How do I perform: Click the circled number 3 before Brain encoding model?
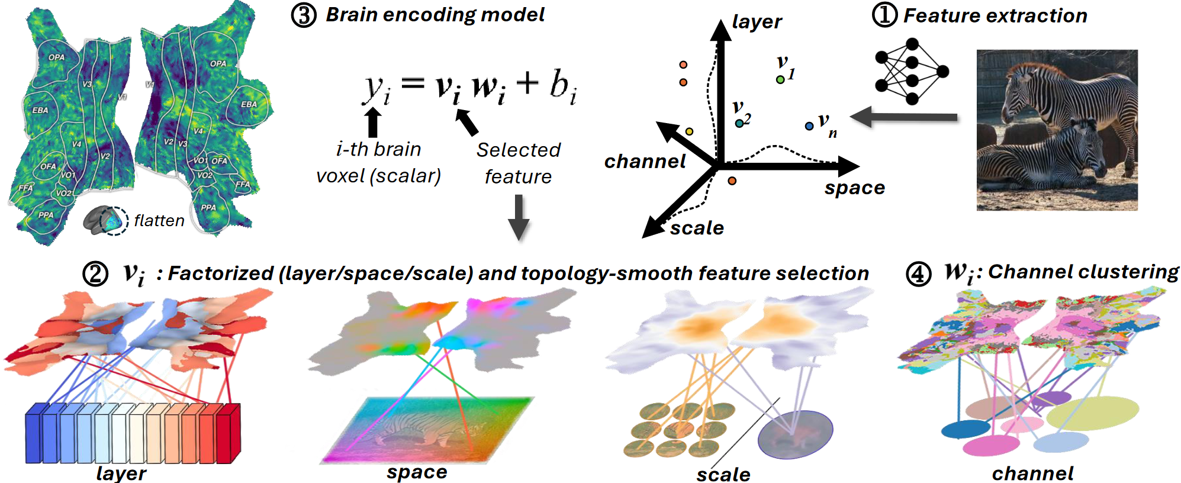(x=304, y=15)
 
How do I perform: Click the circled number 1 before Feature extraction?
(x=884, y=15)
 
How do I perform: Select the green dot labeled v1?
(x=780, y=79)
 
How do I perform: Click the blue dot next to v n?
(x=809, y=126)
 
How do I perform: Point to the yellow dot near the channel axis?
(x=689, y=131)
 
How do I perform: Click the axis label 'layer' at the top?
(x=757, y=22)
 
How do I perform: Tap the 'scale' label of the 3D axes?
(x=697, y=228)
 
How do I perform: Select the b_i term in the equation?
(x=562, y=86)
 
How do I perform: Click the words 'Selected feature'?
(x=518, y=163)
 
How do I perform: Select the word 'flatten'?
(x=159, y=221)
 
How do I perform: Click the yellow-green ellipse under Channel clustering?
(x=1092, y=413)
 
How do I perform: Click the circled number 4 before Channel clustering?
(x=918, y=274)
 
